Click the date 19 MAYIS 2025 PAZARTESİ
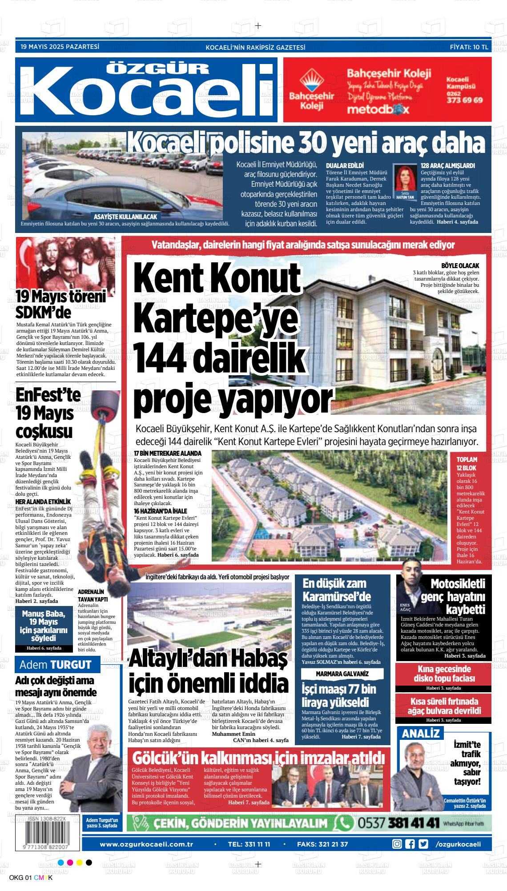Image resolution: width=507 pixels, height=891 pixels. click(60, 46)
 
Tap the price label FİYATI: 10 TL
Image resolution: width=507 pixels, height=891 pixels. click(469, 47)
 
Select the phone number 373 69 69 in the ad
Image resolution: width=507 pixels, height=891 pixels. click(464, 100)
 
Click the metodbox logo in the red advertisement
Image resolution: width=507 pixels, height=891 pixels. click(376, 109)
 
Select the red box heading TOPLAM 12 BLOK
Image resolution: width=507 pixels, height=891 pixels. click(467, 464)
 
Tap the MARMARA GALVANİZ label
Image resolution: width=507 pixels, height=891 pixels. click(342, 674)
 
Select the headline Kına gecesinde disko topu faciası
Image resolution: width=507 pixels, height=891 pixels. click(443, 674)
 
